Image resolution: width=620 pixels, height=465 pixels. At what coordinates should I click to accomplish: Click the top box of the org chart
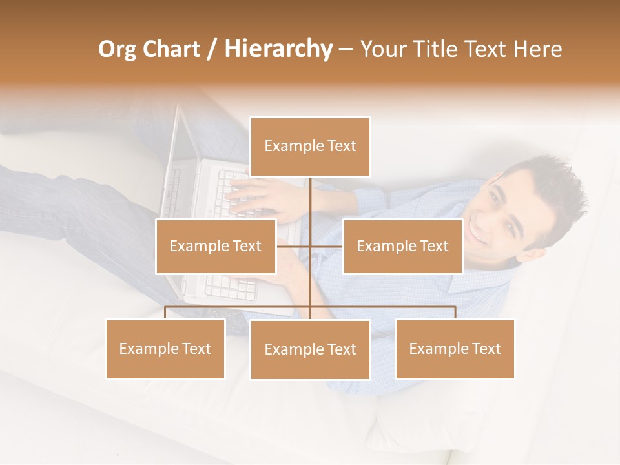(310, 147)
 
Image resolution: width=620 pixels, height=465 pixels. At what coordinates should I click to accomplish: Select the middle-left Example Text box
(216, 246)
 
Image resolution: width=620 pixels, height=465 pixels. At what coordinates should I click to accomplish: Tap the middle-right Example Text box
(402, 246)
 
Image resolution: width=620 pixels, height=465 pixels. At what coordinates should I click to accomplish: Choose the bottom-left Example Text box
(165, 349)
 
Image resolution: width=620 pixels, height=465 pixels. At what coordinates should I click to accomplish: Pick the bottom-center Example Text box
(310, 349)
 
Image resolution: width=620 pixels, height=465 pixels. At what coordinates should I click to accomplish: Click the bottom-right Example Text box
(455, 349)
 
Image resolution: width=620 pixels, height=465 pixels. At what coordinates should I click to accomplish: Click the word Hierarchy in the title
(278, 49)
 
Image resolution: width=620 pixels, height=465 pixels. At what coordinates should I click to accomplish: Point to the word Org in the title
(118, 49)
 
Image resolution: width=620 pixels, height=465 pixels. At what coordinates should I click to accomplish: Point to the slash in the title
(212, 49)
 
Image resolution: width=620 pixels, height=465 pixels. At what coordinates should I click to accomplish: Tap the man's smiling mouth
(479, 231)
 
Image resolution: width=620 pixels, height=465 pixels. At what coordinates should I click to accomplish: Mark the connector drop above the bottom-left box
(165, 313)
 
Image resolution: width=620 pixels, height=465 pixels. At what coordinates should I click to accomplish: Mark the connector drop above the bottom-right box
(455, 313)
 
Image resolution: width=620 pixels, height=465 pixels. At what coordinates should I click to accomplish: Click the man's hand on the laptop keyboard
(258, 194)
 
